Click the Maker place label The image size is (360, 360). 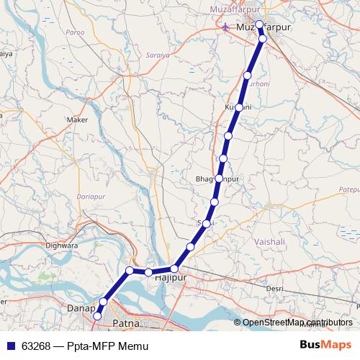point(76,120)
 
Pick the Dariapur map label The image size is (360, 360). point(91,195)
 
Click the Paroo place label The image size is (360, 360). point(74,32)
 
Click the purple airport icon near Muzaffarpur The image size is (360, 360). point(227,27)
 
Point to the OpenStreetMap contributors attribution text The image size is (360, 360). point(297,323)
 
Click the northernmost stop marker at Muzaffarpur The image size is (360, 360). point(259,24)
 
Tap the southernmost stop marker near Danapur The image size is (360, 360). point(97,315)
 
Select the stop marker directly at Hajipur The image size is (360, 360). point(174,269)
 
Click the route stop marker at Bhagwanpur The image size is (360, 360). point(218,178)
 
